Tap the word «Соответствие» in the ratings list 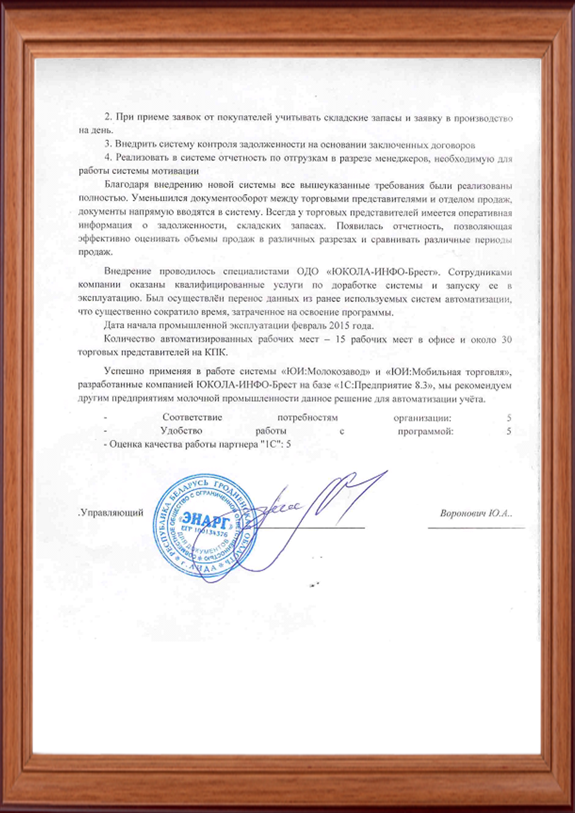(x=192, y=417)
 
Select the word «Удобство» (x=181, y=431)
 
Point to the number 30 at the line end (x=507, y=340)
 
